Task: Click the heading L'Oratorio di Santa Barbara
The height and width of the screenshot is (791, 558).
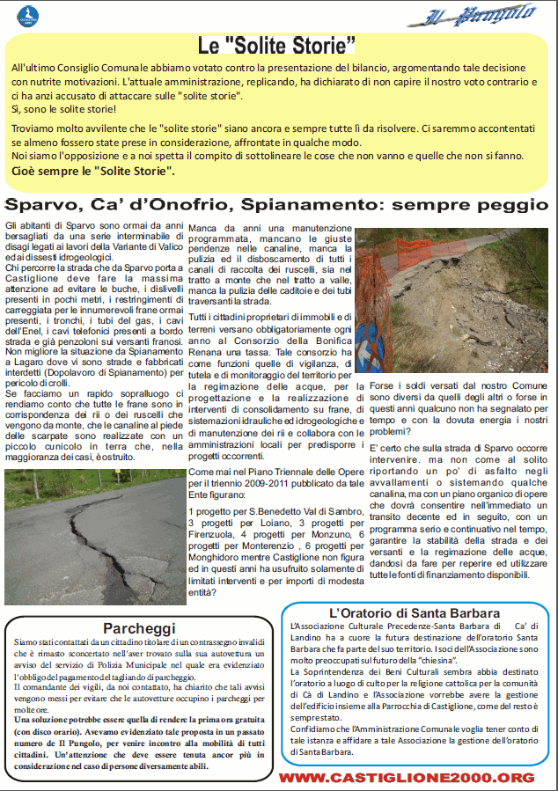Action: [415, 612]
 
